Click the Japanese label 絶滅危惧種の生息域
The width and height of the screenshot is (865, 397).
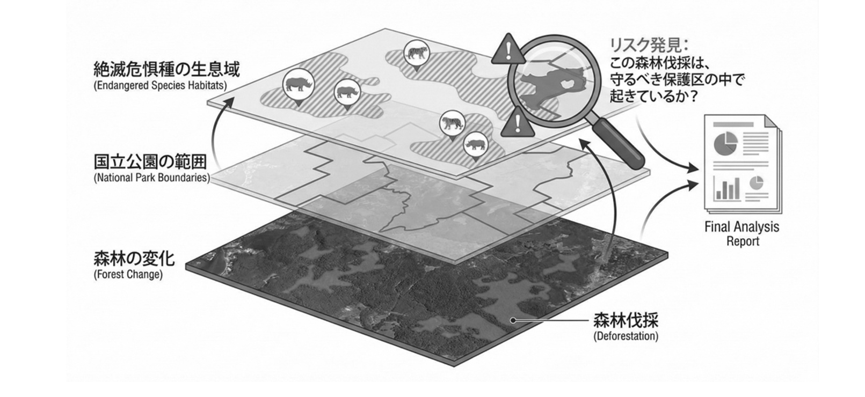[x=166, y=69]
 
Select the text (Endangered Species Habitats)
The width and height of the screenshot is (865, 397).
[x=160, y=86]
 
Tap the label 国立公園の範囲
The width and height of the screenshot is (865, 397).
[x=150, y=162]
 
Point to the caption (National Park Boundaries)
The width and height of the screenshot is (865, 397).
[x=152, y=178]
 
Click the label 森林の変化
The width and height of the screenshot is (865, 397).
[x=134, y=259]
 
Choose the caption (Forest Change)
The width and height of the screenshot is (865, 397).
[x=128, y=275]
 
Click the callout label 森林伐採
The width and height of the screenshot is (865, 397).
[x=626, y=320]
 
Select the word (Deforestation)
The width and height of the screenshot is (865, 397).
[x=626, y=336]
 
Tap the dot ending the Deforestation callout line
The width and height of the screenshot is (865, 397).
[x=513, y=320]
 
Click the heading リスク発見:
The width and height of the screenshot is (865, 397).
[x=649, y=46]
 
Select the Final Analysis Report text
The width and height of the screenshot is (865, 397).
[x=742, y=234]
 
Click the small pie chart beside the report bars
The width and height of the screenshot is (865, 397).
[x=757, y=183]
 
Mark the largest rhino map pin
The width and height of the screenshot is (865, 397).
[x=298, y=87]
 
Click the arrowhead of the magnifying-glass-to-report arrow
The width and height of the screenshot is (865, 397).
[x=694, y=168]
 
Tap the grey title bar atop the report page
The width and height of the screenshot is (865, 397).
[x=733, y=124]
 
